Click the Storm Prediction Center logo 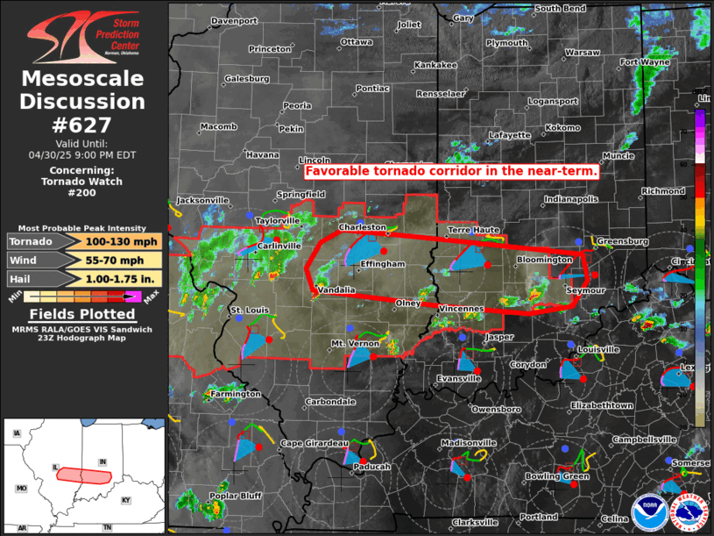[83, 36]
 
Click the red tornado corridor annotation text [452, 172]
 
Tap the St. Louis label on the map [249, 311]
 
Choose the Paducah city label [371, 468]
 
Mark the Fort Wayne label [644, 62]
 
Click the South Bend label [560, 8]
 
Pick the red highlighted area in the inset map [84, 475]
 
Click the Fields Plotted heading [82, 314]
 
